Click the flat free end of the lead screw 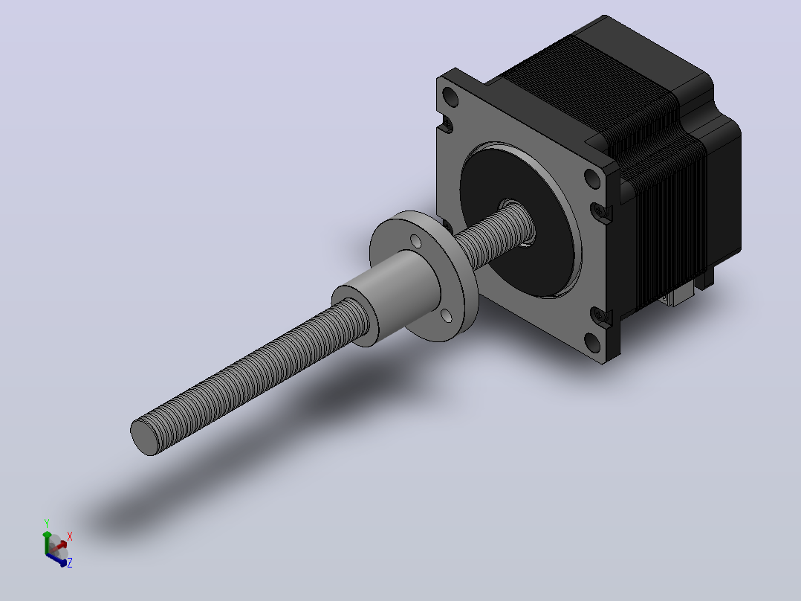coord(144,437)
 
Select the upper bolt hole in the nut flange coord(416,242)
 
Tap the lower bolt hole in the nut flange coord(446,316)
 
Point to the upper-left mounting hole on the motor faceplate coord(450,96)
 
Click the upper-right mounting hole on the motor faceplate coord(592,179)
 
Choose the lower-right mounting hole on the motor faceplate coord(592,342)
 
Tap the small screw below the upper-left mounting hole coord(448,123)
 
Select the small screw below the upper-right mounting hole coord(599,210)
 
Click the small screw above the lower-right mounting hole coord(599,315)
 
